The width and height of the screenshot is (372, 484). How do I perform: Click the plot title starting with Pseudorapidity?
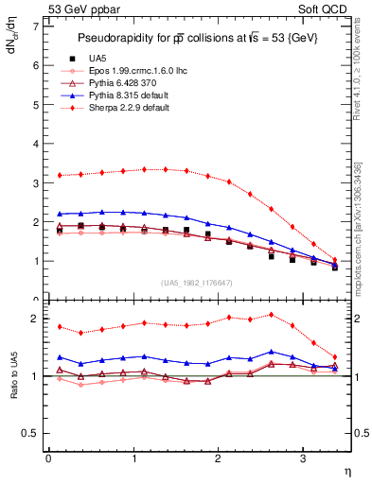coord(198,38)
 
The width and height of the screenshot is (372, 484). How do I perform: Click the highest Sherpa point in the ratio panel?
coord(272,315)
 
